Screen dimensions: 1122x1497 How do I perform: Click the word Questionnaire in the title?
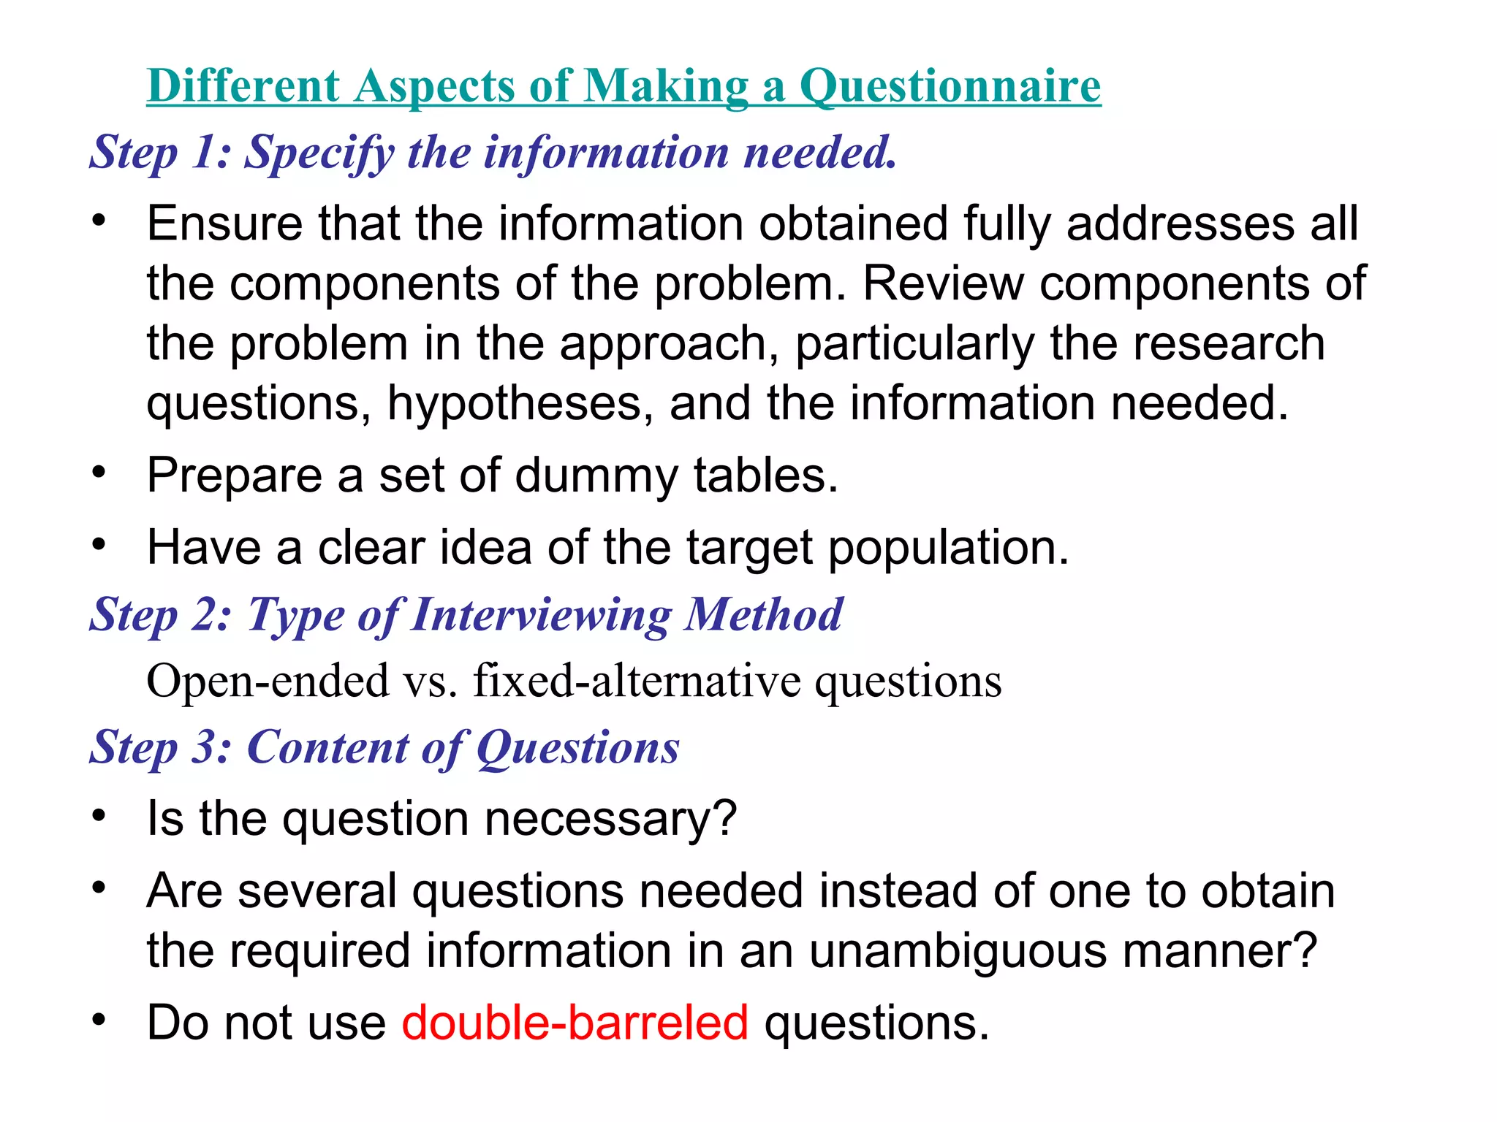pyautogui.click(x=950, y=86)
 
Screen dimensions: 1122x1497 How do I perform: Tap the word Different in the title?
pyautogui.click(x=243, y=86)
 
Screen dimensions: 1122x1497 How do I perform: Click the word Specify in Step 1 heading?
pyautogui.click(x=319, y=153)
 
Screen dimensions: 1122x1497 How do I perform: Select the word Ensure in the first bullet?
pyautogui.click(x=224, y=223)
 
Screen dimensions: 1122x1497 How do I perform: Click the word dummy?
pyautogui.click(x=596, y=476)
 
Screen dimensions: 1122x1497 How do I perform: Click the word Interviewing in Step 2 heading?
pyautogui.click(x=542, y=615)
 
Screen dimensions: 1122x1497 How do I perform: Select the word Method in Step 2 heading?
pyautogui.click(x=763, y=614)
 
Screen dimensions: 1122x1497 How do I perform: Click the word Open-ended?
pyautogui.click(x=268, y=681)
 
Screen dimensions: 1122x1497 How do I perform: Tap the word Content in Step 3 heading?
pyautogui.click(x=329, y=747)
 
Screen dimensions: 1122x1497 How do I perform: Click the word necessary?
pyautogui.click(x=610, y=819)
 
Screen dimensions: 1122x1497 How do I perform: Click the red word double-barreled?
pyautogui.click(x=575, y=1023)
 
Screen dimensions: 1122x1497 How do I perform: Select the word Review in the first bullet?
pyautogui.click(x=944, y=283)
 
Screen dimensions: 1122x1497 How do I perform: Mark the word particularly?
pyautogui.click(x=914, y=344)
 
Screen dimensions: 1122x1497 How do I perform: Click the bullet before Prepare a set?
pyautogui.click(x=99, y=472)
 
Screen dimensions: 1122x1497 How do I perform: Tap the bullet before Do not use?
pyautogui.click(x=99, y=1018)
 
